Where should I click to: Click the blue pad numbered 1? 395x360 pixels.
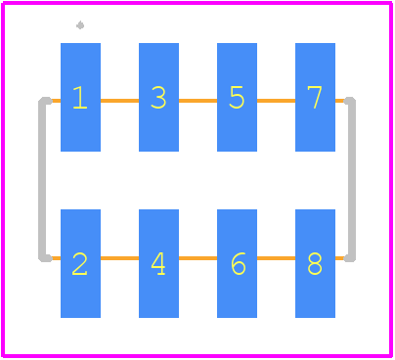80,97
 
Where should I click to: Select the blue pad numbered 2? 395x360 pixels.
80,263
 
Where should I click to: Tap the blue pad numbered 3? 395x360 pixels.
158,97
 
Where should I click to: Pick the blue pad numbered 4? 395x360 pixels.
158,263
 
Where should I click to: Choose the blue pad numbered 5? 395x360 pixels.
237,97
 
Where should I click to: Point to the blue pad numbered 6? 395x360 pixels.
237,263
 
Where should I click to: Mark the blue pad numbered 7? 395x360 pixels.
315,97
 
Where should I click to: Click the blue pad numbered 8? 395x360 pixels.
315,263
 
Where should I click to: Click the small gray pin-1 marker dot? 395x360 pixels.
80,25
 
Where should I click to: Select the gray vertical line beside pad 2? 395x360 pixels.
42,179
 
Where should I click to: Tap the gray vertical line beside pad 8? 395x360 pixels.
352,179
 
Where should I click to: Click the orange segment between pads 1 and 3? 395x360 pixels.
119,101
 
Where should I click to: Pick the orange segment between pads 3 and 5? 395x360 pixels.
197,101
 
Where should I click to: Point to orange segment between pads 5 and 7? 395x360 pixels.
276,101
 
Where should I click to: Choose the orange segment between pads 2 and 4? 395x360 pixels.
119,258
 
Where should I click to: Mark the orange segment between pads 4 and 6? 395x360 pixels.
197,258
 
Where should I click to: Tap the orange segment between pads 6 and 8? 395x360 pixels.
276,258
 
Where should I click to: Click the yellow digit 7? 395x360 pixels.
315,97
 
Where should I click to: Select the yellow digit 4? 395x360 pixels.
158,264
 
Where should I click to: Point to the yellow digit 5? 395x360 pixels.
237,97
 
